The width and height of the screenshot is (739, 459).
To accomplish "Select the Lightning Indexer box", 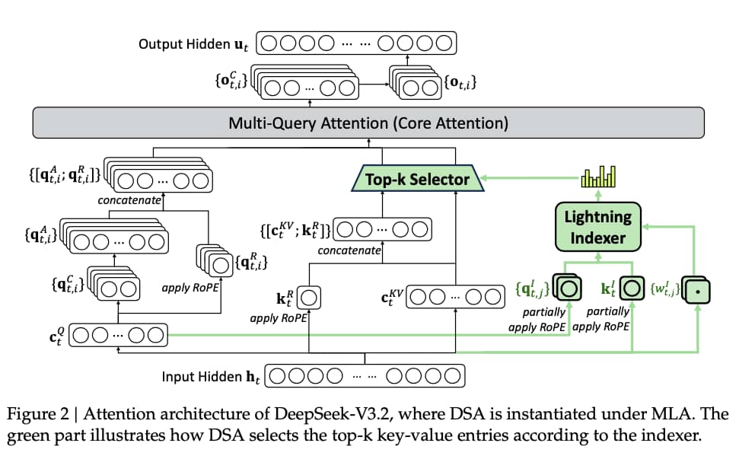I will (597, 227).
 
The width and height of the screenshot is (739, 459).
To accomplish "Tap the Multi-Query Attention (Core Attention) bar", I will (368, 123).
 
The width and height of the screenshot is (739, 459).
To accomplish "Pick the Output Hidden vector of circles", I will (356, 43).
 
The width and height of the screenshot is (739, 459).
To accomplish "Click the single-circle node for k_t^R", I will (309, 296).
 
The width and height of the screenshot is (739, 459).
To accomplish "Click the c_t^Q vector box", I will (118, 334).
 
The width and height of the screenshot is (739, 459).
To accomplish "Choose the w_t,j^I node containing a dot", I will (697, 291).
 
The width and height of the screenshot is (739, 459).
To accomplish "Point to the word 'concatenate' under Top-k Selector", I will (349, 250).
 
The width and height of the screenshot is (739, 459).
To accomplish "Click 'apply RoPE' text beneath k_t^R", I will (278, 318).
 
